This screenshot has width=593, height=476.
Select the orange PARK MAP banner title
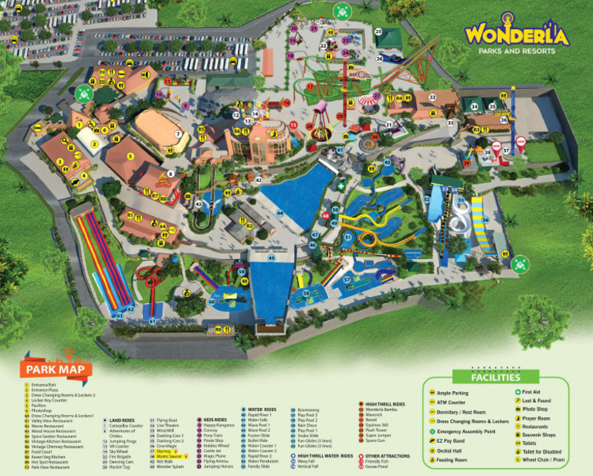[55, 370]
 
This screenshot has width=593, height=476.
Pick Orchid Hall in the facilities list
[449, 451]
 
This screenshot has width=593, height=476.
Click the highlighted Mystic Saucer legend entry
[171, 456]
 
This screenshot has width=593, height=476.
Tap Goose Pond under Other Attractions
[377, 467]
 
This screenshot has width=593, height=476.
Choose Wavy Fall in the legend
[308, 461]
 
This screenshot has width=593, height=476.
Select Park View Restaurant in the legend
[50, 467]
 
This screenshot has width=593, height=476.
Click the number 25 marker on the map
[378, 32]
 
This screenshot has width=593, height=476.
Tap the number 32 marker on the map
[432, 96]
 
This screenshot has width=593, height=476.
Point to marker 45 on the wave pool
[271, 259]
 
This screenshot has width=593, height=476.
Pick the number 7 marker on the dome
[178, 134]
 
